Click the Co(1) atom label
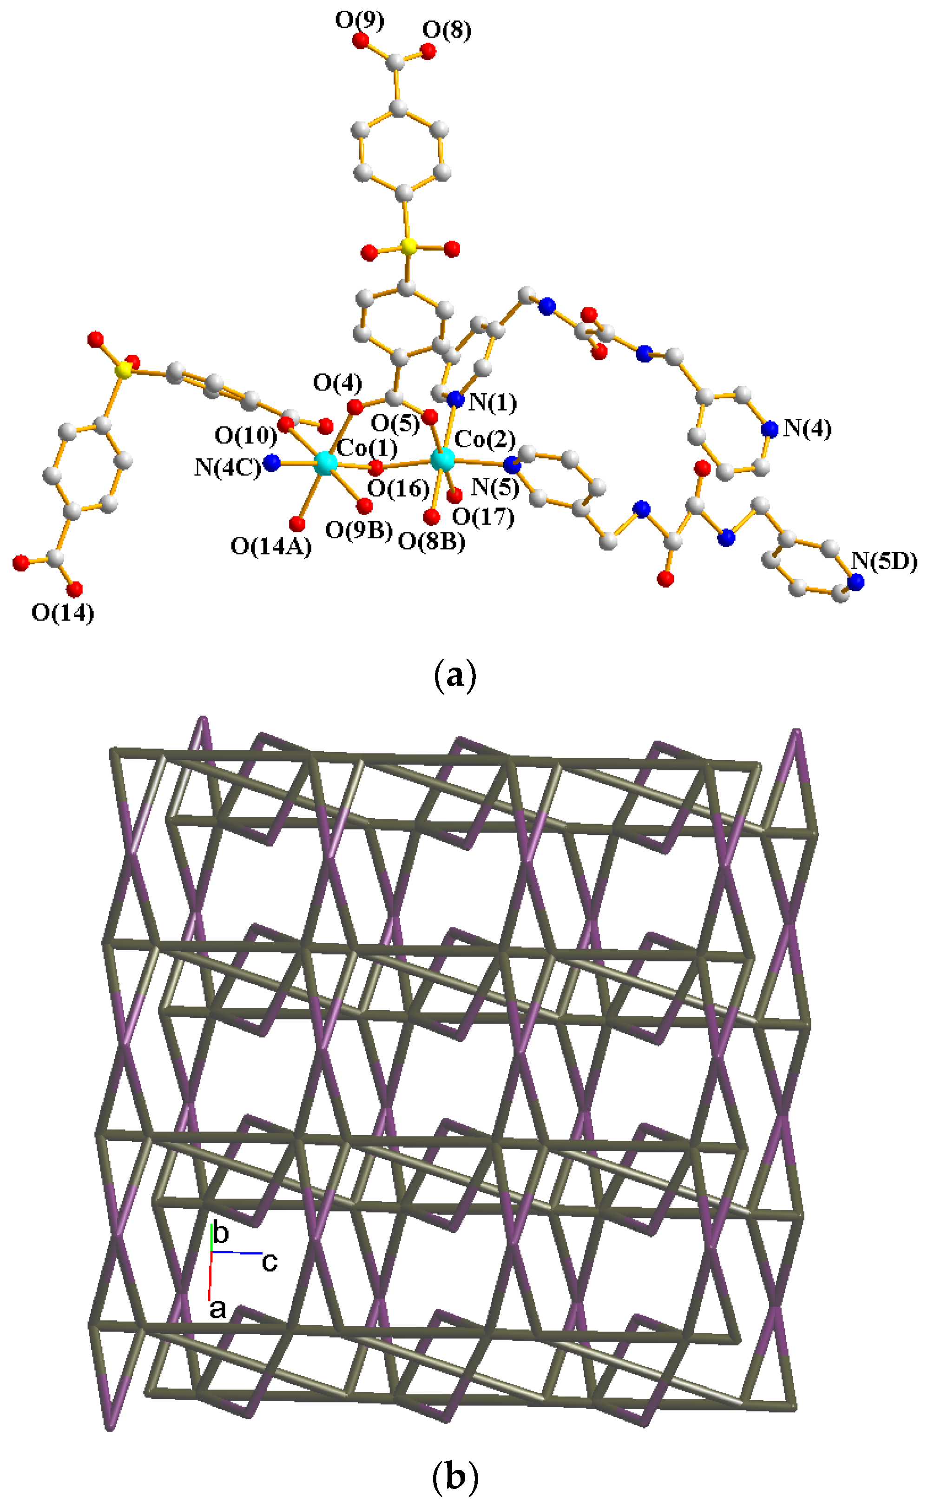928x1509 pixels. click(367, 448)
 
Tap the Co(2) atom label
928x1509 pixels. click(485, 440)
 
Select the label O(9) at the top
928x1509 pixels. click(359, 20)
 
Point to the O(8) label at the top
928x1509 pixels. click(447, 30)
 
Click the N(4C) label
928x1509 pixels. click(227, 468)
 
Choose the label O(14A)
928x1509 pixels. click(271, 546)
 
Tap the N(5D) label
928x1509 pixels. click(884, 561)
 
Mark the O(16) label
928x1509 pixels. click(398, 489)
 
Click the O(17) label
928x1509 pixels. click(484, 517)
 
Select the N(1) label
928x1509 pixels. click(493, 404)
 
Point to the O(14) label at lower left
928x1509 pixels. click(63, 612)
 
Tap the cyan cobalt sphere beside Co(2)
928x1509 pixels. click(442, 458)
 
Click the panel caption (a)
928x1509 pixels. click(455, 676)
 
